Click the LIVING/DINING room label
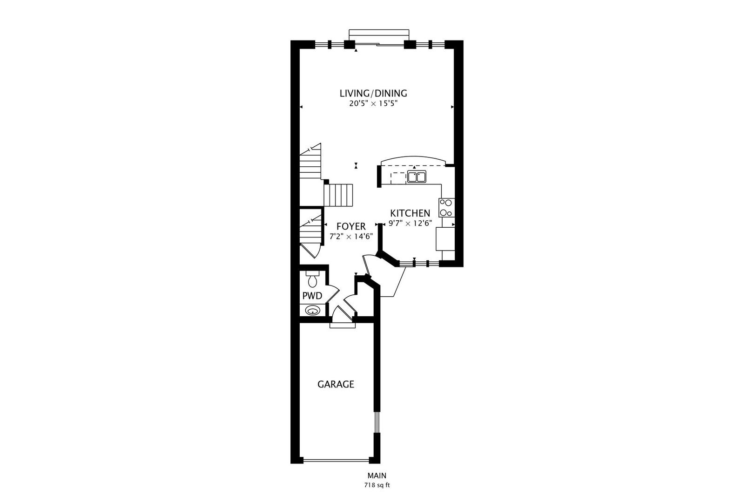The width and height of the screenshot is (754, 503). tap(373, 93)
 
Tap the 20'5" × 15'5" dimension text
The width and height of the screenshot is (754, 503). tap(373, 104)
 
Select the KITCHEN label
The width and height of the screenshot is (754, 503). tap(410, 213)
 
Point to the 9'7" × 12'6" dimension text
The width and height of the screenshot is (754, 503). tap(411, 223)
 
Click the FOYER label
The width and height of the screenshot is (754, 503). tap(351, 226)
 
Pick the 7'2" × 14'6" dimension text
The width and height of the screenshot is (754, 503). tap(351, 236)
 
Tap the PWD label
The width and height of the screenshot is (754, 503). tap(312, 296)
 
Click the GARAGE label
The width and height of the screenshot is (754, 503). tap(336, 384)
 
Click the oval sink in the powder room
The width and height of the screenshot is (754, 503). tap(312, 310)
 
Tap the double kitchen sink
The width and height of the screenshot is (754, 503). tap(417, 177)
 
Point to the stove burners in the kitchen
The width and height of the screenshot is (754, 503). tap(446, 208)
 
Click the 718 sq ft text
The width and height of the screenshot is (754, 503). tap(377, 485)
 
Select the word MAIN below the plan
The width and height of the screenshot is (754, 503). tap(377, 476)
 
